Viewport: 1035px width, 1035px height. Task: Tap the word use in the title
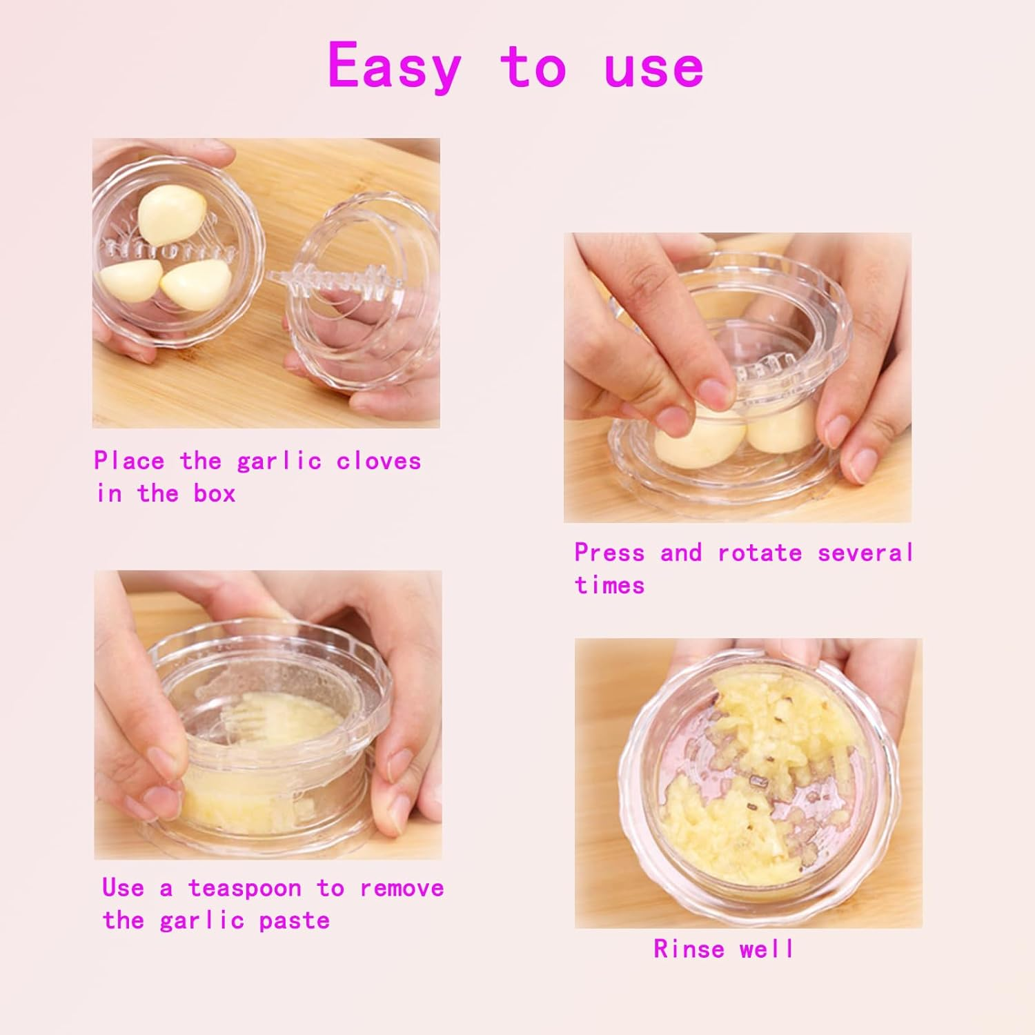click(653, 67)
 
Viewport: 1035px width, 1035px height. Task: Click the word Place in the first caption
click(130, 461)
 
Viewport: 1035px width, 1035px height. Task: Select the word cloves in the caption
click(379, 461)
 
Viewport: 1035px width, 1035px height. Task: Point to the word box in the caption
click(215, 493)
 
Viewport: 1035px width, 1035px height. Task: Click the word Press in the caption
click(609, 553)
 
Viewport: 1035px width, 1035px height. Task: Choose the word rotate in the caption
click(760, 553)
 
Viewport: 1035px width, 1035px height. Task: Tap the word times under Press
click(609, 585)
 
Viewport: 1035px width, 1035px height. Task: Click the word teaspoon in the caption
click(245, 888)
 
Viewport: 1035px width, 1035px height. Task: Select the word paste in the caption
click(295, 920)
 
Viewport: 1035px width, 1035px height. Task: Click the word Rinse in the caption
click(689, 949)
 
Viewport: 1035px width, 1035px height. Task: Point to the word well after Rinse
click(767, 949)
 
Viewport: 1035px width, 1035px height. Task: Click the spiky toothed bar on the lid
click(324, 282)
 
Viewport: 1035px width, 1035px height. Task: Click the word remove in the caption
click(402, 888)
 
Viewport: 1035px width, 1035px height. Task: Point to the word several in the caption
click(865, 553)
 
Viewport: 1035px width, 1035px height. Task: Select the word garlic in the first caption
click(279, 461)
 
